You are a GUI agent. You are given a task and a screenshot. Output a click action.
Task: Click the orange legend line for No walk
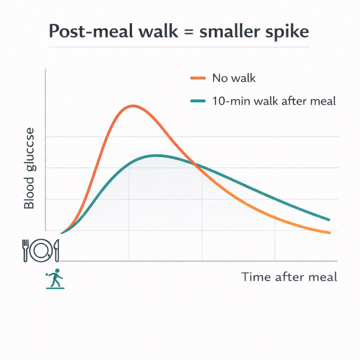point(198,78)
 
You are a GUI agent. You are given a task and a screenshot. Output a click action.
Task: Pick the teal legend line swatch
point(198,101)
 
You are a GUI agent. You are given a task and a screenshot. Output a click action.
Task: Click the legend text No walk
point(234,78)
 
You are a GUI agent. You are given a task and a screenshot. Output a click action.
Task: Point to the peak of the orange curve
point(132,105)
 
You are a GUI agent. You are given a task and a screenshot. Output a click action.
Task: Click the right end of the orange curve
point(329,232)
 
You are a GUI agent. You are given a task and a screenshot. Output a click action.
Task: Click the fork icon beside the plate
point(25,250)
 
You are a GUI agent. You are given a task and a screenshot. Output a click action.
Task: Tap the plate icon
point(41,250)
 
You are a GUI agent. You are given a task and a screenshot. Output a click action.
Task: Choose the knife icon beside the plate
point(57,250)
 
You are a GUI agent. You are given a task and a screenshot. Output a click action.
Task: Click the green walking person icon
point(55,279)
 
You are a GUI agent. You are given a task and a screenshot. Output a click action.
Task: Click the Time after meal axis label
point(289,277)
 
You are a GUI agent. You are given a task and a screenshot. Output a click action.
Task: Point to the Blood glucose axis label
point(30,169)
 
